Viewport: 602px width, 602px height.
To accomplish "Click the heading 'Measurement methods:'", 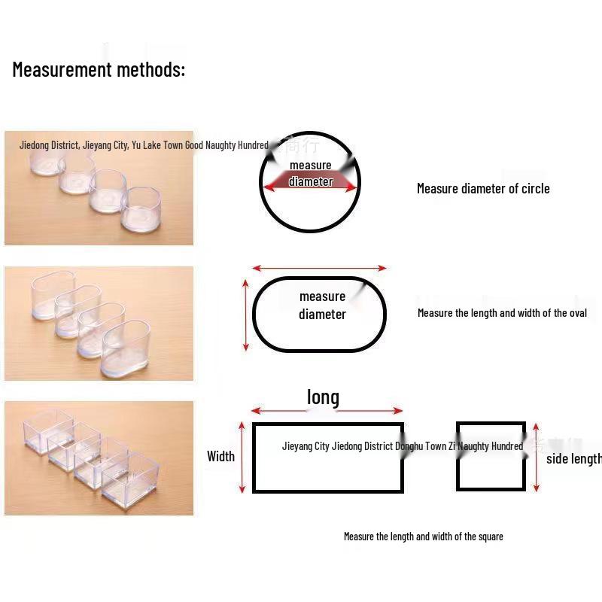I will click(99, 70).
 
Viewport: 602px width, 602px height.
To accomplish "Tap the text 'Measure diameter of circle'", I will click(483, 189).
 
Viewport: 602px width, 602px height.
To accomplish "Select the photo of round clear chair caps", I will click(99, 188).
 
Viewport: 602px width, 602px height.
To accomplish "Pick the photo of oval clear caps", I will click(99, 323).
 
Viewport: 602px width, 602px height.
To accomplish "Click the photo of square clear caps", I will click(99, 458).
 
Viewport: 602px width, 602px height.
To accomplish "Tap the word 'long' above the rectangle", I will click(323, 397).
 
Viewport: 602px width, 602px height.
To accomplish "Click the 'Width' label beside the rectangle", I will click(220, 456).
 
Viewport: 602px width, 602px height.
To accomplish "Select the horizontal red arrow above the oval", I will click(319, 268).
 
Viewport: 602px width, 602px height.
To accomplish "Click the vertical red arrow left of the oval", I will click(245, 315).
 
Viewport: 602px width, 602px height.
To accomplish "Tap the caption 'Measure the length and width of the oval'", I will click(502, 313).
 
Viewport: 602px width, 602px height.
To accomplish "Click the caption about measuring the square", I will click(423, 537).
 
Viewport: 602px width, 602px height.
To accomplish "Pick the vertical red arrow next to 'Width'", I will click(242, 457).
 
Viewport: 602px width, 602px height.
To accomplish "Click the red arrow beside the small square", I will click(536, 457).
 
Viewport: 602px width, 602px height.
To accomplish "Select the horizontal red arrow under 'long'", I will click(327, 411).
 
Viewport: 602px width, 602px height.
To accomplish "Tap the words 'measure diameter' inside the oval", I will click(322, 306).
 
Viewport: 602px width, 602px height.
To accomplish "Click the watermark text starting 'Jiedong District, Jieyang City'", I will click(143, 145).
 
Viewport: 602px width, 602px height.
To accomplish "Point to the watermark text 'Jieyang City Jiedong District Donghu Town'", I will click(402, 446).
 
